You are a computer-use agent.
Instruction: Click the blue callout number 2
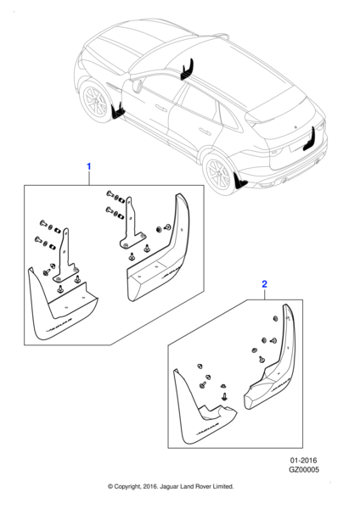point(265,287)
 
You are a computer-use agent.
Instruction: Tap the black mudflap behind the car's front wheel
point(120,110)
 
